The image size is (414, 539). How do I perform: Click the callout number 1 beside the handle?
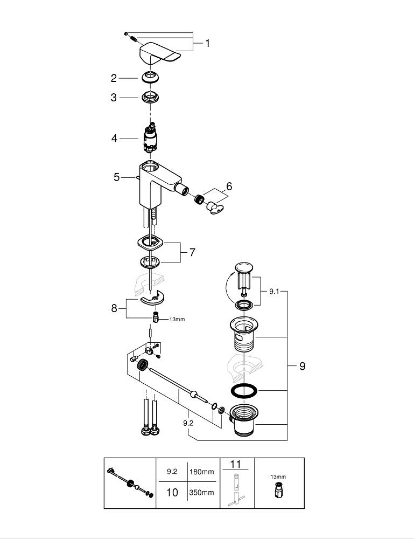click(x=207, y=43)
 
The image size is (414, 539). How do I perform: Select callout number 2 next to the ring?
click(x=114, y=78)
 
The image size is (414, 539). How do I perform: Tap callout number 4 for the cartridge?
click(x=114, y=139)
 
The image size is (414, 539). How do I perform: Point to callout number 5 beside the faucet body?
click(x=117, y=177)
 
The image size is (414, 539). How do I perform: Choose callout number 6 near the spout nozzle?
click(x=229, y=186)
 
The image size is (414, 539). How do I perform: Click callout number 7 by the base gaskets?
click(x=192, y=252)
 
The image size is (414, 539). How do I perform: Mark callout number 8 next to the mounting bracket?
click(x=114, y=308)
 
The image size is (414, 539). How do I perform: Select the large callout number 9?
click(x=302, y=366)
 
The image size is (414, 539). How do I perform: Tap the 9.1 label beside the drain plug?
click(x=274, y=292)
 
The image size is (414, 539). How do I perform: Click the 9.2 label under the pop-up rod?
click(x=188, y=423)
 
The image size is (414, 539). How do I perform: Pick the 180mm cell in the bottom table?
click(x=201, y=472)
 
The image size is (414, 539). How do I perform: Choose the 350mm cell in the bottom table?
click(x=201, y=493)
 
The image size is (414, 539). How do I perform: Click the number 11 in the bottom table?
click(x=236, y=464)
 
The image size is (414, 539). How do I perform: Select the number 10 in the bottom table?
click(x=172, y=493)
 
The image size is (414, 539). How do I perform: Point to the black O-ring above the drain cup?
click(x=244, y=390)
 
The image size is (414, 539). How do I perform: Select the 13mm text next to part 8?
click(x=177, y=319)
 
